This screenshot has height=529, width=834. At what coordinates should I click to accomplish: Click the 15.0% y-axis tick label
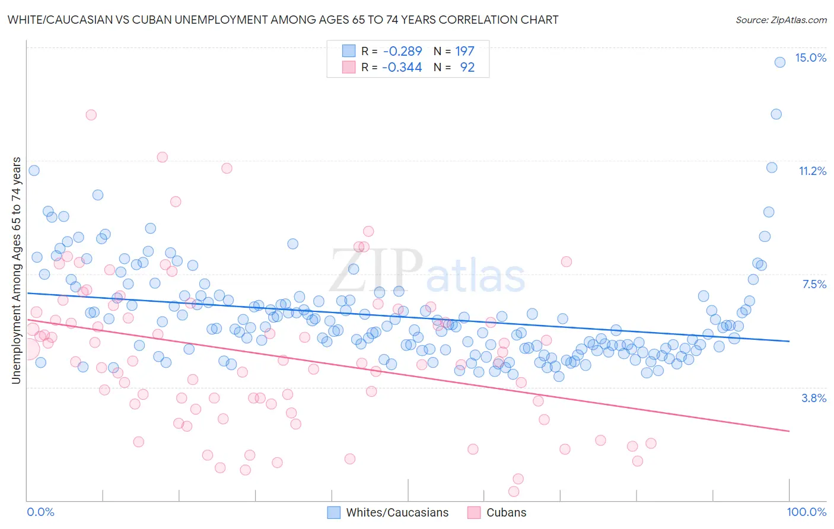[810, 58]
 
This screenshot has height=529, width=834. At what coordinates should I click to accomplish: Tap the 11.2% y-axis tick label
[812, 171]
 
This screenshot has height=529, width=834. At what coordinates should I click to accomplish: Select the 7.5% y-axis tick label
[814, 284]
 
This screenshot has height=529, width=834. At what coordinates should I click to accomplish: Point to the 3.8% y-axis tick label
[814, 398]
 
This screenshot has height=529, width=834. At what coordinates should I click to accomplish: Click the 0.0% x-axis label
[40, 512]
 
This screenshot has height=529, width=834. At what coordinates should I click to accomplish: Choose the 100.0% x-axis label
[806, 512]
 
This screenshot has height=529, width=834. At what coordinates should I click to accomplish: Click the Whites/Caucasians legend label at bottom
[397, 512]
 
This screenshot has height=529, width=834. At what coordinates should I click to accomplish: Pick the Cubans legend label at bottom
[506, 512]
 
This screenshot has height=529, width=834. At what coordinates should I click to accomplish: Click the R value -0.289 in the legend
[402, 51]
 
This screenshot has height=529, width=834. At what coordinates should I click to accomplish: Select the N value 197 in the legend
[465, 51]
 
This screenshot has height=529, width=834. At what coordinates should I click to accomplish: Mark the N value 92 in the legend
[467, 67]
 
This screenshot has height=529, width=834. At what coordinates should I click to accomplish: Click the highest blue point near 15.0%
[780, 62]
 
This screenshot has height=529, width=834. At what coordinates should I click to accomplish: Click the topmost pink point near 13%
[91, 114]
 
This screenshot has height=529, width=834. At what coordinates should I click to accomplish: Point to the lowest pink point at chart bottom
[514, 491]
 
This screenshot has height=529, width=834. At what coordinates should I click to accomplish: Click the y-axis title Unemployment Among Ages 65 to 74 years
[16, 270]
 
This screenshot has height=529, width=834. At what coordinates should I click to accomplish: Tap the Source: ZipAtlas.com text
[781, 20]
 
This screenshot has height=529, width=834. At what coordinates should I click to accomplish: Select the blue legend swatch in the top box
[349, 51]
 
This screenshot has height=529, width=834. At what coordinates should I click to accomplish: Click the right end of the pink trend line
[789, 431]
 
